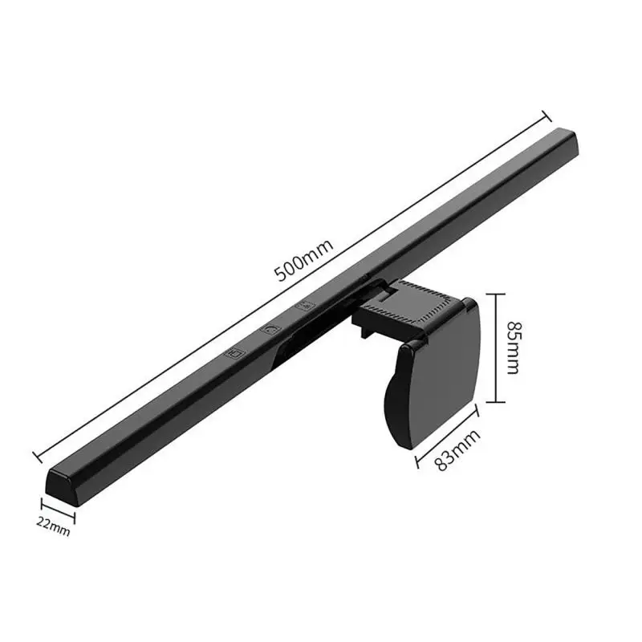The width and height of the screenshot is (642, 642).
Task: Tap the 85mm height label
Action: click(514, 347)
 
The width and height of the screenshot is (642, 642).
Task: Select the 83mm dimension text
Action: click(457, 450)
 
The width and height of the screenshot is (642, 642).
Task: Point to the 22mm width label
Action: click(53, 526)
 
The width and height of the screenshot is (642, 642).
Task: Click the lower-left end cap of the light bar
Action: click(62, 486)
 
